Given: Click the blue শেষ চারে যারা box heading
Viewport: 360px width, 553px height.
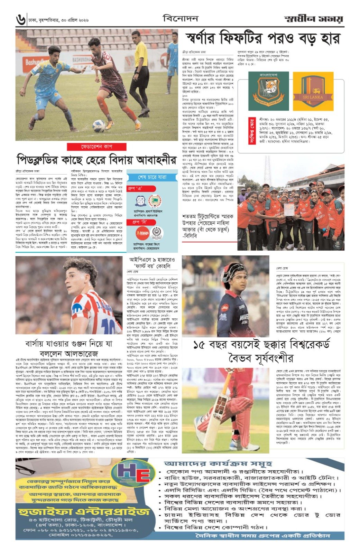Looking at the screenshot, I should tap(152, 177).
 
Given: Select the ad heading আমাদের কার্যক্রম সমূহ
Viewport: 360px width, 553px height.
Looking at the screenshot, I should tap(218, 463).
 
